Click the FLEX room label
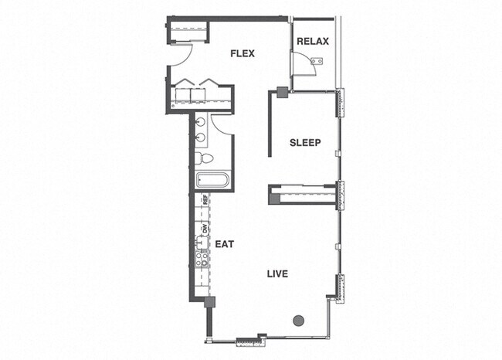click(x=242, y=53)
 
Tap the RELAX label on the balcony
click(x=313, y=42)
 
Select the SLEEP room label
click(x=305, y=142)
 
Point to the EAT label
click(x=224, y=244)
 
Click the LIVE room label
click(x=278, y=274)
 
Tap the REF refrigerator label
click(x=205, y=199)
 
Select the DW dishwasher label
click(x=205, y=228)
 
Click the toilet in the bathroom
click(x=203, y=158)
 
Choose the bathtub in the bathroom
click(x=212, y=182)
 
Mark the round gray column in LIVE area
click(x=299, y=321)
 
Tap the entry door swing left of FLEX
click(x=179, y=56)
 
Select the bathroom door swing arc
click(x=223, y=126)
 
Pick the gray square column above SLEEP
click(x=282, y=93)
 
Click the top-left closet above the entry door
click(x=189, y=32)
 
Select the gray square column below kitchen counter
click(x=209, y=302)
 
